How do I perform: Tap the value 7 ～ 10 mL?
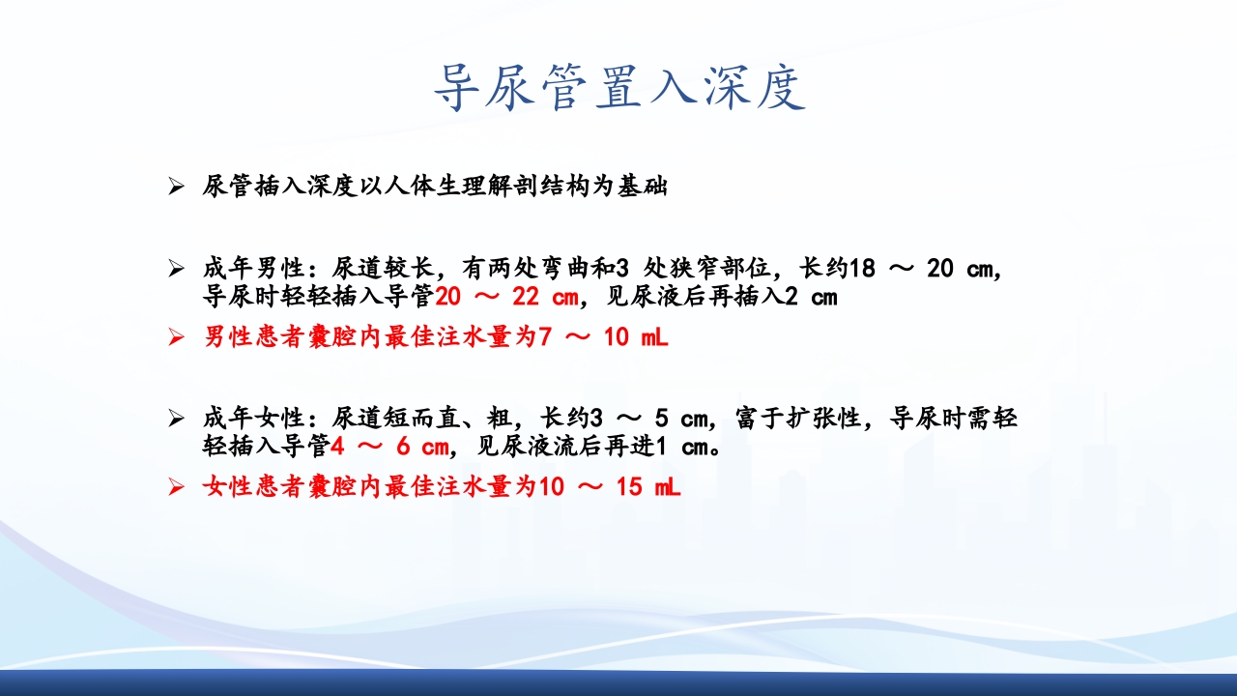tap(603, 338)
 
